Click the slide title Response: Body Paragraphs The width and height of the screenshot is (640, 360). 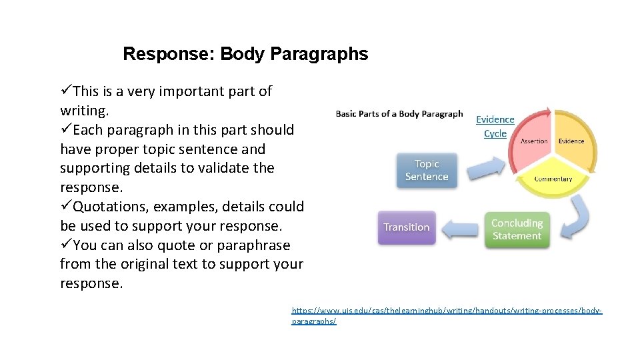(245, 54)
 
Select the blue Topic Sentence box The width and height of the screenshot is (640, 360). (427, 170)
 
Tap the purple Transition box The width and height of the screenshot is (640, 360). (406, 227)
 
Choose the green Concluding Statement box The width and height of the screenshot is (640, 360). (517, 229)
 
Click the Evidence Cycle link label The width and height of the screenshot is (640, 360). (495, 126)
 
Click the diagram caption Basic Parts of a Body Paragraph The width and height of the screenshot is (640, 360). (399, 113)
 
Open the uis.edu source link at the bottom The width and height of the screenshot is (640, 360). (447, 311)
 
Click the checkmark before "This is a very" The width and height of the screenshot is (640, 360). (65, 91)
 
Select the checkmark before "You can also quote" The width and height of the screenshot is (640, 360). (65, 245)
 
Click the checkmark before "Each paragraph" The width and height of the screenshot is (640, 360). (65, 129)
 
